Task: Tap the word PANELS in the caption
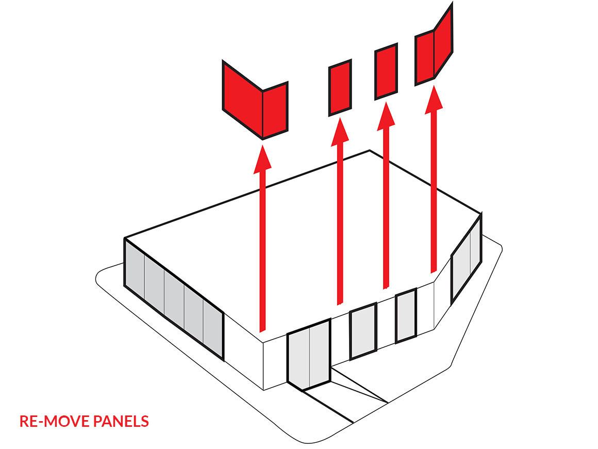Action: (x=122, y=421)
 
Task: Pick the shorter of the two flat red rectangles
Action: (x=340, y=88)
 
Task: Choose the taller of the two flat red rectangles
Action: (x=386, y=71)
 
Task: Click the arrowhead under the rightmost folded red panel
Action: (x=434, y=98)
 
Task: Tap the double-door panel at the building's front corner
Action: (x=309, y=355)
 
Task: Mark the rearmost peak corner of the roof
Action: (x=369, y=151)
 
